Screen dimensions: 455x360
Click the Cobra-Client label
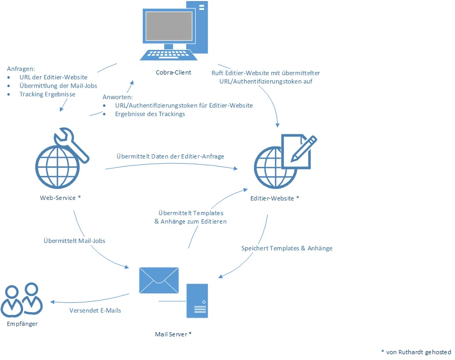[173, 72]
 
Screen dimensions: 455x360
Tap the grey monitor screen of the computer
[169, 26]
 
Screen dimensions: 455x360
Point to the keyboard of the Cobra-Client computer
[168, 55]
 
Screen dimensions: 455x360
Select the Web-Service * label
[60, 198]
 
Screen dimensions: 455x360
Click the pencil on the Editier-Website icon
[303, 148]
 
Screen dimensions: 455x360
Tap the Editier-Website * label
[274, 198]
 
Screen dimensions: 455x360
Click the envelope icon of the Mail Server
[158, 280]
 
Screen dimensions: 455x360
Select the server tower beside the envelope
[197, 301]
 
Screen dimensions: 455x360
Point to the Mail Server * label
[173, 334]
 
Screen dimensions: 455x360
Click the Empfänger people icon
[22, 300]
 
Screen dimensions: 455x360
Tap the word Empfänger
[23, 324]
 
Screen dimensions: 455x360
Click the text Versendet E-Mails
[95, 310]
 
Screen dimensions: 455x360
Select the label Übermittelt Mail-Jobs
[75, 241]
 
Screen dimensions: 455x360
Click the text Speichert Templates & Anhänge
[287, 248]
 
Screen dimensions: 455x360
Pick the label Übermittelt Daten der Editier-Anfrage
[171, 156]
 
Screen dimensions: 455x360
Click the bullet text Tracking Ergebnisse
[47, 94]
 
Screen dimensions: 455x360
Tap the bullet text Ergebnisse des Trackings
[150, 114]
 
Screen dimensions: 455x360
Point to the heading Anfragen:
[21, 69]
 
